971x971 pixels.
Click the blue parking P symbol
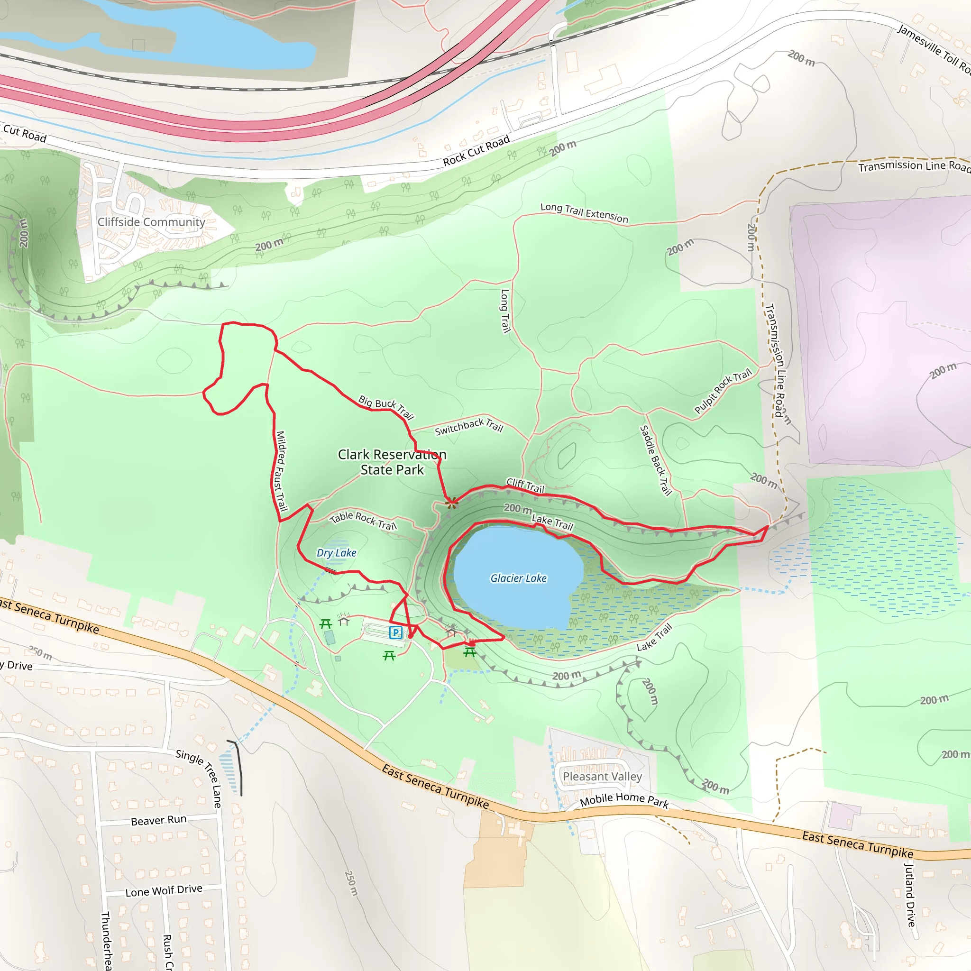coord(395,632)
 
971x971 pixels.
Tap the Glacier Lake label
coord(518,578)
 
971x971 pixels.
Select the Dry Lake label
coord(336,553)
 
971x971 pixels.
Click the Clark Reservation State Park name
coord(392,462)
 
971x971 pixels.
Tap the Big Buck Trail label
coord(386,407)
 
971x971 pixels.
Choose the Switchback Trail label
coord(468,427)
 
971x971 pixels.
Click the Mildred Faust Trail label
coord(281,471)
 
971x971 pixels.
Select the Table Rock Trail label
coord(363,520)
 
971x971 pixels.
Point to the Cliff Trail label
coord(525,485)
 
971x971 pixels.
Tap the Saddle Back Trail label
coord(655,460)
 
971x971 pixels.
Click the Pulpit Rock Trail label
coord(723,391)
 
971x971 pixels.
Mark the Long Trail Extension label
coord(584,212)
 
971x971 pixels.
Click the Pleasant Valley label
coord(602,777)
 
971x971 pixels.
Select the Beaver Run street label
coord(158,820)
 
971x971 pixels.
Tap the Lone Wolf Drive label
coord(164,891)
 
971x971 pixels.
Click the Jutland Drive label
coord(910,894)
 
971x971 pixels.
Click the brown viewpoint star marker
coord(452,502)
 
